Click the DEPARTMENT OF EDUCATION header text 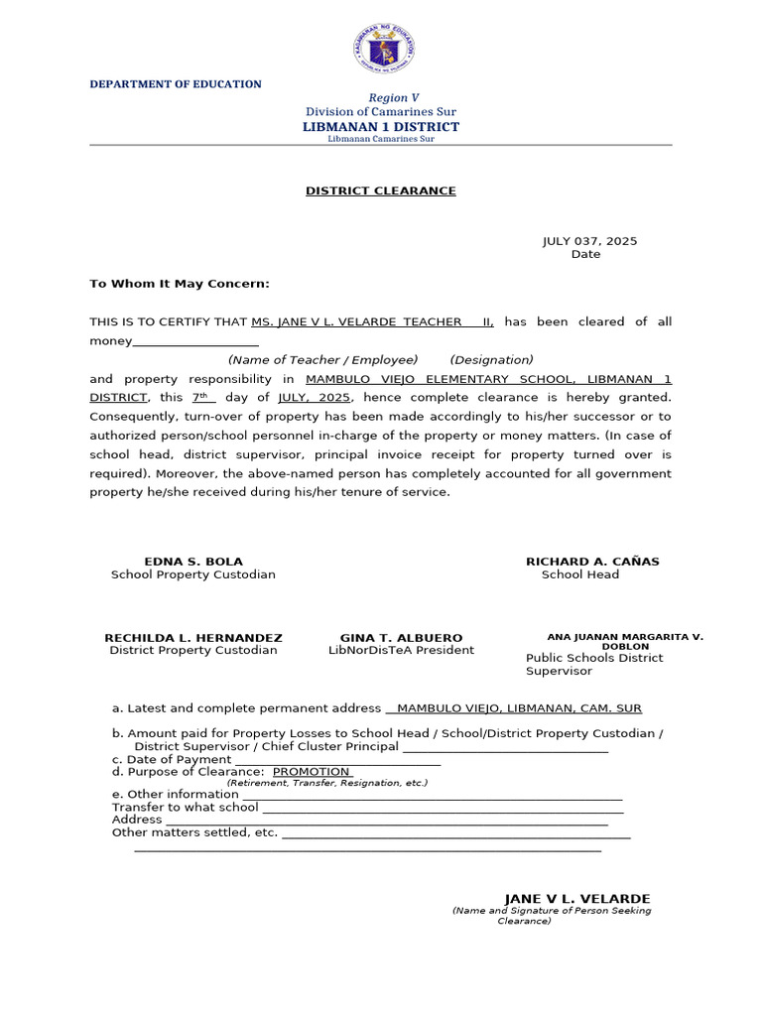pyautogui.click(x=176, y=84)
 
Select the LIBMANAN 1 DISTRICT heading pyautogui.click(x=381, y=127)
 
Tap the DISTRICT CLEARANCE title pyautogui.click(x=381, y=190)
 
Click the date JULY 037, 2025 pyautogui.click(x=589, y=241)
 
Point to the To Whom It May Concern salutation pyautogui.click(x=180, y=284)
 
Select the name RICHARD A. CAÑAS pyautogui.click(x=592, y=562)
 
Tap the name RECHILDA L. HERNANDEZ pyautogui.click(x=193, y=638)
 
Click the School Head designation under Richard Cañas pyautogui.click(x=580, y=574)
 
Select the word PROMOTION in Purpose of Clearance pyautogui.click(x=312, y=772)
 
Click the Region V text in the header pyautogui.click(x=394, y=97)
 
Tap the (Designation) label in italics pyautogui.click(x=491, y=359)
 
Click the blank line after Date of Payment pyautogui.click(x=337, y=760)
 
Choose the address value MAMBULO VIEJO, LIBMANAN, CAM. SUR pyautogui.click(x=518, y=708)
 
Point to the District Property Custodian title pyautogui.click(x=193, y=651)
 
